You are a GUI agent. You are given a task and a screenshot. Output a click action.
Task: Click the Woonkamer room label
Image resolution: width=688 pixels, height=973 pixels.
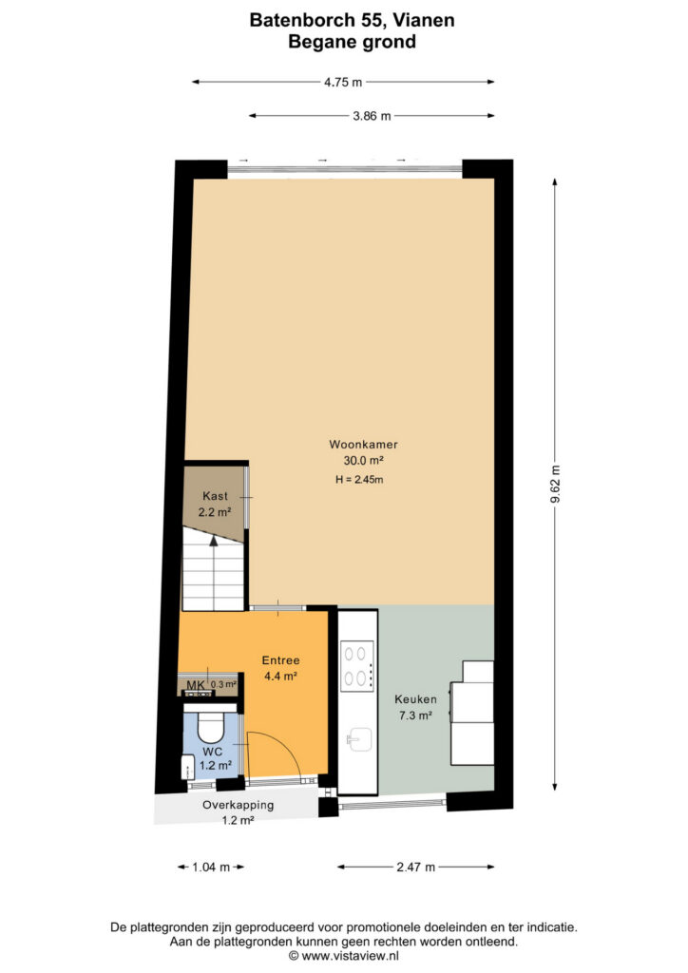363,445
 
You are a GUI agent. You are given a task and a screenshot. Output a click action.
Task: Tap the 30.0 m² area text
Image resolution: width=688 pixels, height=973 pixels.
363,461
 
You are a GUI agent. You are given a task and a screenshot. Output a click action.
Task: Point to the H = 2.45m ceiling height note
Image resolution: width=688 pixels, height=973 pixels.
359,479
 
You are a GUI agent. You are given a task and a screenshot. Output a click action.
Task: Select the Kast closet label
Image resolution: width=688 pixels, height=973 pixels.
216,496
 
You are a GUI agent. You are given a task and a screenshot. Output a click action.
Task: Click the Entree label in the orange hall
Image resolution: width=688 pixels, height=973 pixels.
280,660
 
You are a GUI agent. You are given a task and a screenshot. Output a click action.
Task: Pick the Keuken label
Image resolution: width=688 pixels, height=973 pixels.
415,699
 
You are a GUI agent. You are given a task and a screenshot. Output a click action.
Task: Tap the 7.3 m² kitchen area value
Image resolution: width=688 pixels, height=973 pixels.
415,715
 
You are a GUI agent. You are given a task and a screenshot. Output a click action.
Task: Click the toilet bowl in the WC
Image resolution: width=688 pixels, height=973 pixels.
210,727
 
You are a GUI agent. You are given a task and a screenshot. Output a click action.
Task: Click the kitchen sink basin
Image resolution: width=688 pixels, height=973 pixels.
359,739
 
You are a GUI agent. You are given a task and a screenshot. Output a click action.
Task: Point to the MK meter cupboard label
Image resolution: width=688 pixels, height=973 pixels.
196,685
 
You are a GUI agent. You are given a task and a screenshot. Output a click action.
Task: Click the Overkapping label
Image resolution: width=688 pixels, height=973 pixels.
239,805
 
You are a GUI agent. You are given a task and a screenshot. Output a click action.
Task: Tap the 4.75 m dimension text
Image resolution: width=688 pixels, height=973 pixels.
343,82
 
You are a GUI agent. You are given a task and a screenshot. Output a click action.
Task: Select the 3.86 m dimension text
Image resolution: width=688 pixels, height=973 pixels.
373,116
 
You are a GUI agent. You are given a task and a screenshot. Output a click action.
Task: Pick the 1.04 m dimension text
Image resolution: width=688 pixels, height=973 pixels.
211,867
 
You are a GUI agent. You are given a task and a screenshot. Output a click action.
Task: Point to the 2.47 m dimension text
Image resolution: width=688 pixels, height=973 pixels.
415,867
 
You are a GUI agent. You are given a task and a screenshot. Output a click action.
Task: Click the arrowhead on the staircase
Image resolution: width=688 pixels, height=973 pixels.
214,540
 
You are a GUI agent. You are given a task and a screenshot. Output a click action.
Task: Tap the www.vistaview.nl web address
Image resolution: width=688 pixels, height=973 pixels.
351,956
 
